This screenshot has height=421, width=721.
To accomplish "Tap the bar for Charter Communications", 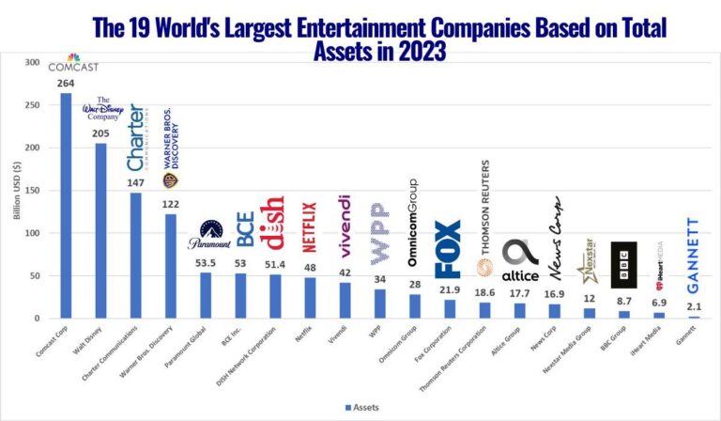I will tap(135, 255).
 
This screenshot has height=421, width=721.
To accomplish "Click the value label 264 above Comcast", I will tap(67, 83).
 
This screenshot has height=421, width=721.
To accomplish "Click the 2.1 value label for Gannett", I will tap(693, 307).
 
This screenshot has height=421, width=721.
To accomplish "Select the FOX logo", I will tap(448, 249).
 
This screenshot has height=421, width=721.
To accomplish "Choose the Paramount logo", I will tap(208, 236).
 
